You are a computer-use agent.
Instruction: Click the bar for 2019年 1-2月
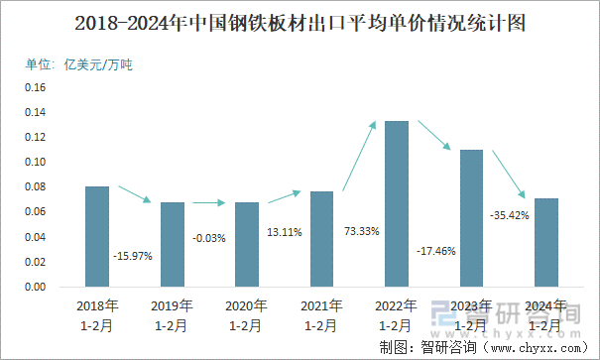[x=173, y=244]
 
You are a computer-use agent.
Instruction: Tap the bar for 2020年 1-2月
[x=247, y=244]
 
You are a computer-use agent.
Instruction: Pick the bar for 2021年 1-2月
[x=321, y=239]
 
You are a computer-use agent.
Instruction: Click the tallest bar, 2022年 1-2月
[x=397, y=204]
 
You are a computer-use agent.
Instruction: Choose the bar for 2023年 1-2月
[x=471, y=218]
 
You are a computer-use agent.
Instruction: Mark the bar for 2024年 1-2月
[x=546, y=243]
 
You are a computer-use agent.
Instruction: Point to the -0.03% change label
[x=210, y=237]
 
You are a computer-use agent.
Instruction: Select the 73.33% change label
[x=360, y=230]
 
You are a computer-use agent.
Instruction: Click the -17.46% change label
[x=435, y=251]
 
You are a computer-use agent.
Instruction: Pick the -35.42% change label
[x=510, y=214]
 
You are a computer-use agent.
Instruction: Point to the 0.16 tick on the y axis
[x=37, y=87]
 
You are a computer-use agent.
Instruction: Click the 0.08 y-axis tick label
[x=37, y=186]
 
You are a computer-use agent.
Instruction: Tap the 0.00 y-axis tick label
[x=37, y=288]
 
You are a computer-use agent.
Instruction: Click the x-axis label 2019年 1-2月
[x=173, y=314]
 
